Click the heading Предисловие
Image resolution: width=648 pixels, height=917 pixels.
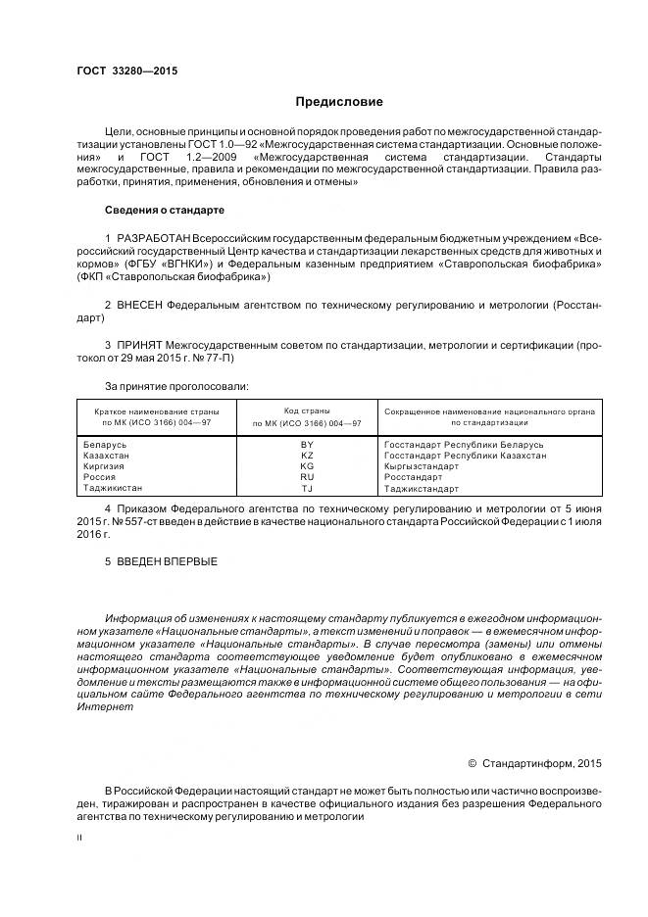point(339,102)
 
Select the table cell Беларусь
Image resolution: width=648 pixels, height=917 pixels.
point(107,445)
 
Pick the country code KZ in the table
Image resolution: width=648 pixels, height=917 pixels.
point(307,456)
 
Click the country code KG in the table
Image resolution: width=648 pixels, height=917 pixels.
point(307,466)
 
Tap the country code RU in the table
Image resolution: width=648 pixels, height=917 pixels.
point(307,477)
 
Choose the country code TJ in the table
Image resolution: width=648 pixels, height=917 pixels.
point(307,488)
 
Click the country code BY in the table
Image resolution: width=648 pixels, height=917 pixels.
point(307,445)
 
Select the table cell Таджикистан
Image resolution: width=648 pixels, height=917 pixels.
point(114,488)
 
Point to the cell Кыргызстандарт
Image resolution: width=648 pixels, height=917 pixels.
point(421,466)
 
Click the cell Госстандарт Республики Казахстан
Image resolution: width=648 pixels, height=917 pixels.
point(465,456)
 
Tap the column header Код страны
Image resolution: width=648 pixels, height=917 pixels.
point(307,410)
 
